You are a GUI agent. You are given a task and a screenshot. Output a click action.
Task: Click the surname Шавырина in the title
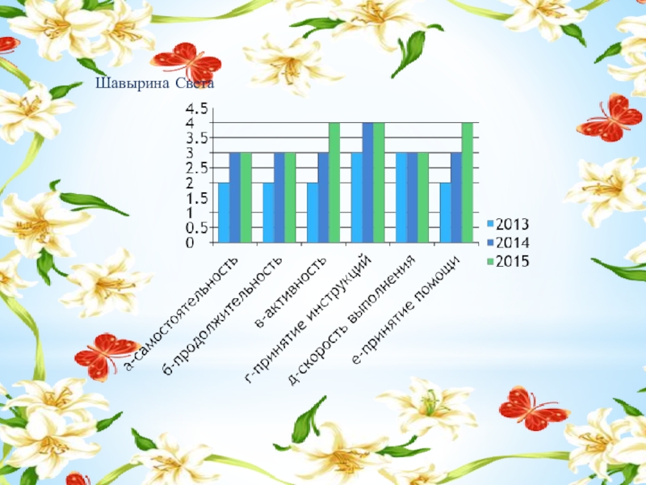[x=126, y=83]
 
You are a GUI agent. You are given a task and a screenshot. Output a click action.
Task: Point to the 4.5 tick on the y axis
[x=197, y=108]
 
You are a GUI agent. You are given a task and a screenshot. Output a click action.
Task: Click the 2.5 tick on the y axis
[x=197, y=168]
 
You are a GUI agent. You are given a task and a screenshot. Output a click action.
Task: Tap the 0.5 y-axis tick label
[x=197, y=227]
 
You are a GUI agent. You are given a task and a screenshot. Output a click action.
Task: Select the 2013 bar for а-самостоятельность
[x=224, y=213]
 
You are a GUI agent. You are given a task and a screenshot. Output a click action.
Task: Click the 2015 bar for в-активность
[x=334, y=183]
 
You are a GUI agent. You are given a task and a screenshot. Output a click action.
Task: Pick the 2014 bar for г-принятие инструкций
[x=367, y=183]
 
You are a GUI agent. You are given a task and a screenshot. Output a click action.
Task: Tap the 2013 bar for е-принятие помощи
[x=444, y=213]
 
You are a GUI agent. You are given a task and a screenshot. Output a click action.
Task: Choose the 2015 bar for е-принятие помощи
[x=467, y=183]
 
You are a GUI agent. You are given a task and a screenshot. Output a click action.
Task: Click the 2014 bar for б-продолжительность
[x=279, y=197]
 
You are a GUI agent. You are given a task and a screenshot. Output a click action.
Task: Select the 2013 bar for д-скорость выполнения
[x=401, y=197]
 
